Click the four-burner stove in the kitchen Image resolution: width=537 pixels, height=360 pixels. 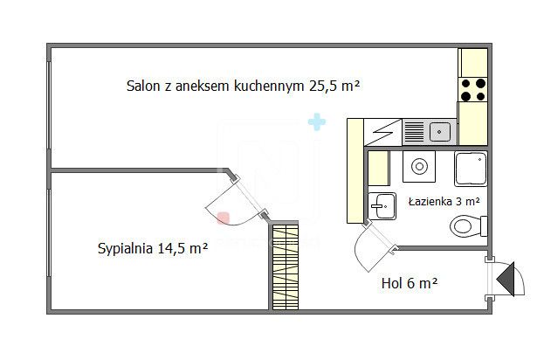[x=472, y=89]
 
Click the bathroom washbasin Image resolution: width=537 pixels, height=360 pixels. [x=382, y=206]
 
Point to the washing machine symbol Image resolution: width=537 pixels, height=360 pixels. [x=418, y=165]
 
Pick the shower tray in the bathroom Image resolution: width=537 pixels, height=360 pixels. [x=470, y=168]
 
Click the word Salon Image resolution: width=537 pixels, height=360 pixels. [x=143, y=86]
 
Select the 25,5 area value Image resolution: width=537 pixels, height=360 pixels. [x=323, y=86]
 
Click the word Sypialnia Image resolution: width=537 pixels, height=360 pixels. [x=126, y=249]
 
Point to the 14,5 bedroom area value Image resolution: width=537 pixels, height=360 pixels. [x=172, y=249]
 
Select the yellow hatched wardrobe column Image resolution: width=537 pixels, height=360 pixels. [x=285, y=267]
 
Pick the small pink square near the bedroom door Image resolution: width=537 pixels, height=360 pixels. [x=224, y=218]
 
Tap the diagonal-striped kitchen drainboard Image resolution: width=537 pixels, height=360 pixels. [x=385, y=133]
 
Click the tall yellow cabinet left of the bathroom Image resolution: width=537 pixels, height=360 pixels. [x=355, y=170]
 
